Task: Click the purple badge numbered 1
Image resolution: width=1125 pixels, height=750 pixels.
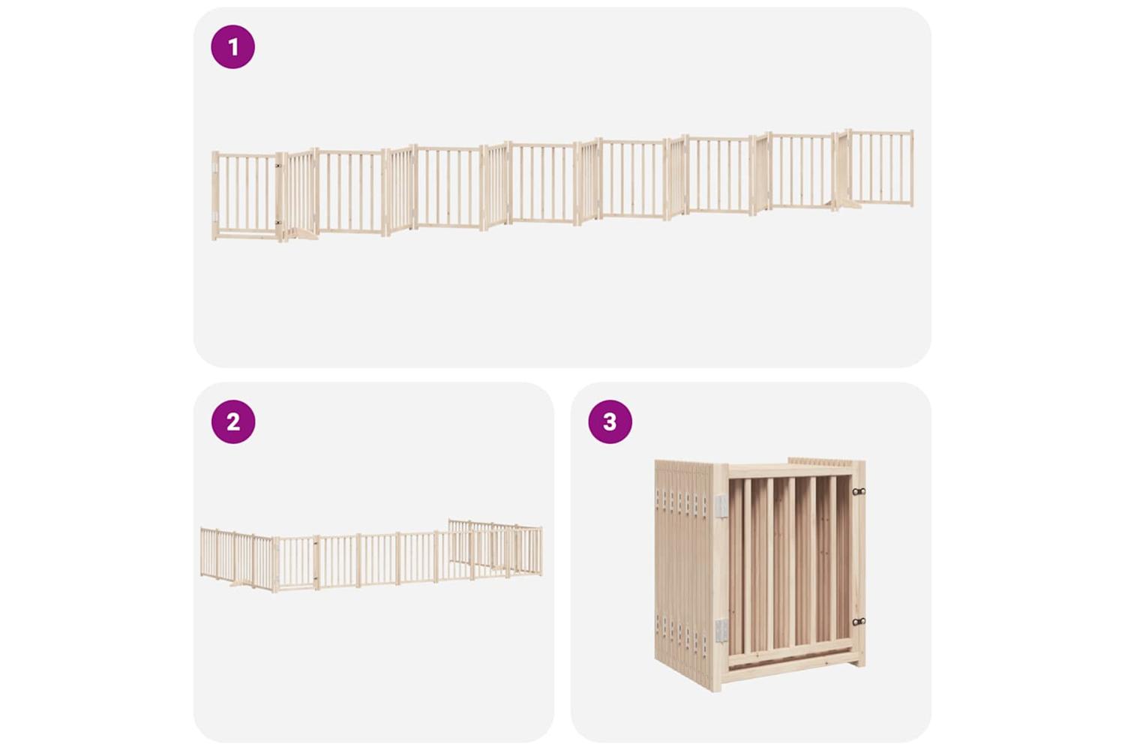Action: [x=232, y=46]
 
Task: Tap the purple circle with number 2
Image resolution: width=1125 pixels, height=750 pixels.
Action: [x=233, y=421]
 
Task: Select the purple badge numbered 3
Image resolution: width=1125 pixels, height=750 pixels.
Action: [x=610, y=421]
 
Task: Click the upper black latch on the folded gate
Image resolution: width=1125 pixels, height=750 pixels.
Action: [x=858, y=491]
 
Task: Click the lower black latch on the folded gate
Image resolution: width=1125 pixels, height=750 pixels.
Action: [x=858, y=622]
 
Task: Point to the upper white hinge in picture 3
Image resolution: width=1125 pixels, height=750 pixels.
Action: [x=721, y=505]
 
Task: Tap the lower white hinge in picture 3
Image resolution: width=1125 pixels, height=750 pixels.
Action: [x=721, y=631]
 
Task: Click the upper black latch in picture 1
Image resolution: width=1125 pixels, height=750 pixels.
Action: [x=277, y=165]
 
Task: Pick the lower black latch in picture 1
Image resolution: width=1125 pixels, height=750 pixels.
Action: [x=277, y=222]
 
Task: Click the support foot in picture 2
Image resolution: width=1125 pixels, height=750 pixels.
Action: [x=241, y=583]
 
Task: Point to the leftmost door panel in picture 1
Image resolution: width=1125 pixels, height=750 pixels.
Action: [x=245, y=196]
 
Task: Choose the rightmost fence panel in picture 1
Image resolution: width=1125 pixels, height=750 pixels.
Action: [x=880, y=168]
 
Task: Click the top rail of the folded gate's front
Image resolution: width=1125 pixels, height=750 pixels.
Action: [x=789, y=471]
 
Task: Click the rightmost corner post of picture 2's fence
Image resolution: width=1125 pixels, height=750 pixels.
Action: [x=541, y=550]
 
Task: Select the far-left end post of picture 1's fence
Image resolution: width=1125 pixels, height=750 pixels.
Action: [x=215, y=196]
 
